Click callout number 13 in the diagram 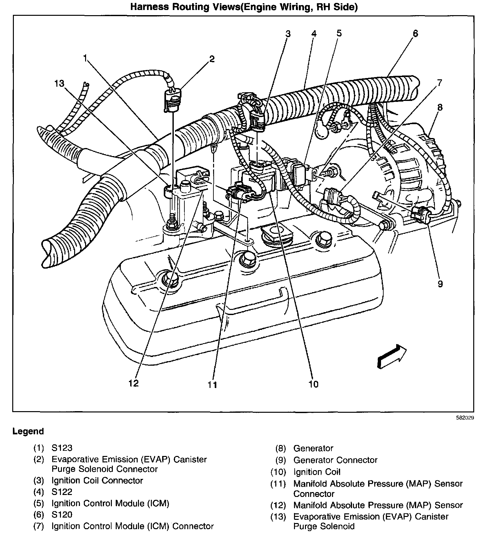(x=59, y=84)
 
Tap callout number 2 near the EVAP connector (x=211, y=59)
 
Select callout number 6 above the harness (x=415, y=33)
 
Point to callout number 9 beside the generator (x=440, y=284)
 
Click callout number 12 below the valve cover (x=133, y=383)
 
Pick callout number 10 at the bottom (x=313, y=384)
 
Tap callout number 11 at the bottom (x=212, y=385)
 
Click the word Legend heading (x=28, y=431)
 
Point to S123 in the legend (x=62, y=448)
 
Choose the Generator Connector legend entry (x=335, y=460)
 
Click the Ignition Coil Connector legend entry (x=97, y=480)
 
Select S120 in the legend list (x=62, y=515)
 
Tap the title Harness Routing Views (x=244, y=7)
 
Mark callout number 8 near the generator (x=440, y=107)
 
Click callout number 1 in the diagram (x=85, y=58)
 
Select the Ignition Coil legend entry (x=317, y=472)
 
